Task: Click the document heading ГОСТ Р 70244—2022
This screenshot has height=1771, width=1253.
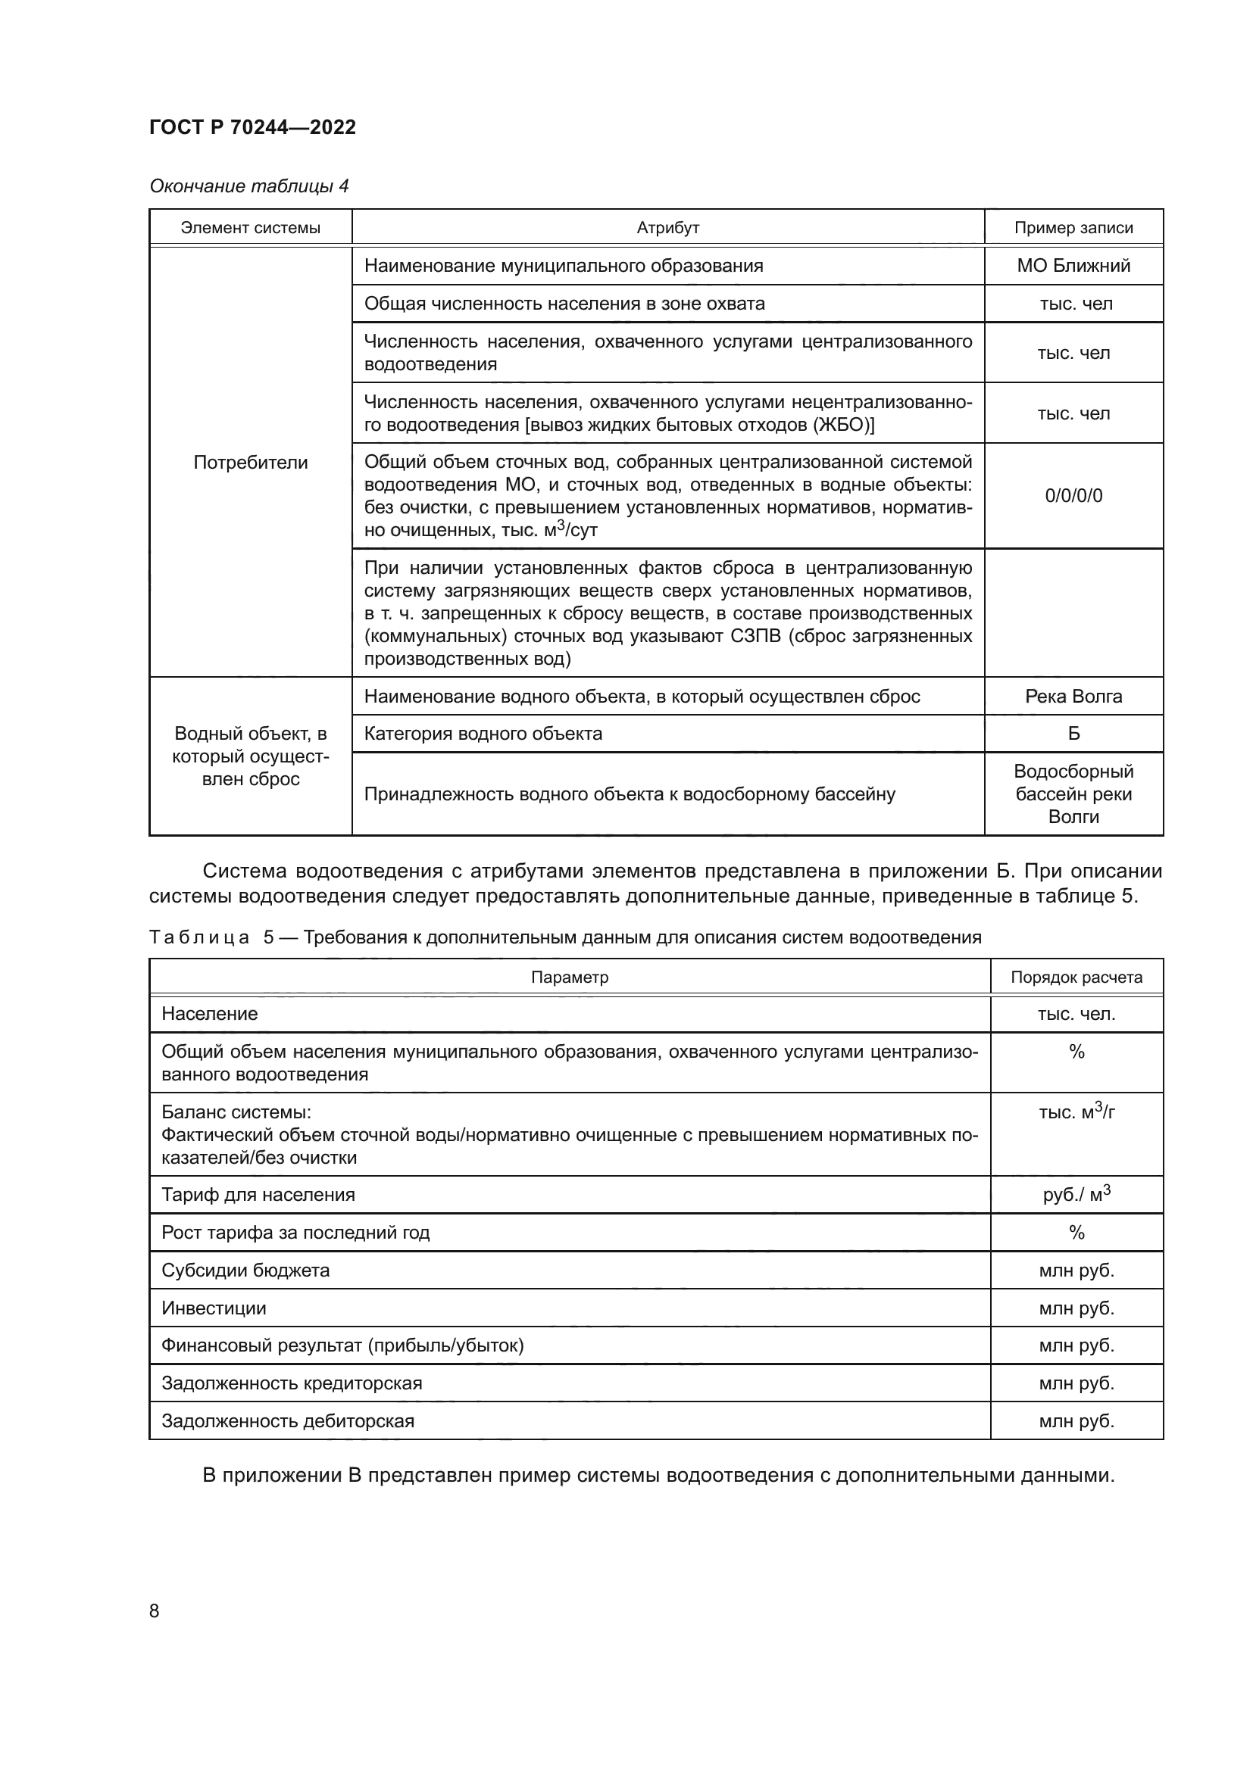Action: click(252, 127)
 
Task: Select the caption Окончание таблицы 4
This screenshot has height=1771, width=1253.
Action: click(248, 186)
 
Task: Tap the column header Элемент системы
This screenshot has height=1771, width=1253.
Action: click(250, 228)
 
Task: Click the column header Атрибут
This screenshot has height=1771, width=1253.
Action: click(667, 228)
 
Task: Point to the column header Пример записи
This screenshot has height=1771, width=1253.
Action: click(1073, 228)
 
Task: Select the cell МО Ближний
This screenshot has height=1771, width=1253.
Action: click(1073, 265)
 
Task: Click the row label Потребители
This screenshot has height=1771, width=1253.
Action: click(250, 462)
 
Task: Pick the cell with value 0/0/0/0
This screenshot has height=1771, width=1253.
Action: click(1073, 495)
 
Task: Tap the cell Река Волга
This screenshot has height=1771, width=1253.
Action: click(1073, 696)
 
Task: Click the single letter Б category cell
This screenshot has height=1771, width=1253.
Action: click(1073, 734)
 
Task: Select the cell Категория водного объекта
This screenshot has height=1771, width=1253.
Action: click(483, 734)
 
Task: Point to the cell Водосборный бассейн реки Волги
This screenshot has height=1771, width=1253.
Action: click(1073, 794)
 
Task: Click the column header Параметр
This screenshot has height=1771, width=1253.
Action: click(570, 977)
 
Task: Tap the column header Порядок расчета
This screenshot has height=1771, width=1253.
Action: click(1076, 977)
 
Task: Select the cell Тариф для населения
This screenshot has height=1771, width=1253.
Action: click(258, 1195)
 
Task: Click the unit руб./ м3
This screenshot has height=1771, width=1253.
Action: click(1076, 1194)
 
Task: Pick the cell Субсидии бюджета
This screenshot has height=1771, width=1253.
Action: click(245, 1271)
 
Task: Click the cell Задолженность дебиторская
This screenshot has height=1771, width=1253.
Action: click(288, 1420)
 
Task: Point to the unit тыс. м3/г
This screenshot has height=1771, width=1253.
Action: click(1076, 1112)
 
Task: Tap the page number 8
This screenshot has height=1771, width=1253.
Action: click(155, 1610)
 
